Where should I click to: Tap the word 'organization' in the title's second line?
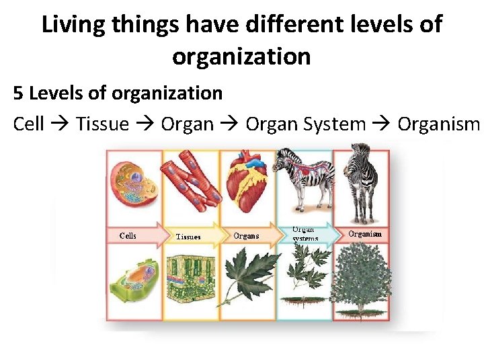(x=241, y=56)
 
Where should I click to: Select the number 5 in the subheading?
(x=18, y=93)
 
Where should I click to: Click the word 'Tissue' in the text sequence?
(x=102, y=124)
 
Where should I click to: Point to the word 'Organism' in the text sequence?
(x=438, y=124)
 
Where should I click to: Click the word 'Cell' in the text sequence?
(x=28, y=124)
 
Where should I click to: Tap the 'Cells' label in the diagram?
(x=128, y=235)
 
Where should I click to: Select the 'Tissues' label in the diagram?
(x=188, y=237)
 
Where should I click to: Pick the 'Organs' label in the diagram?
(x=246, y=236)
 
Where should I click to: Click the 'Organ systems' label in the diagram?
(x=304, y=233)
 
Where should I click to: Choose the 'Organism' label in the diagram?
(x=365, y=234)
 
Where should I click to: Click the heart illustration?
(x=247, y=182)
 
